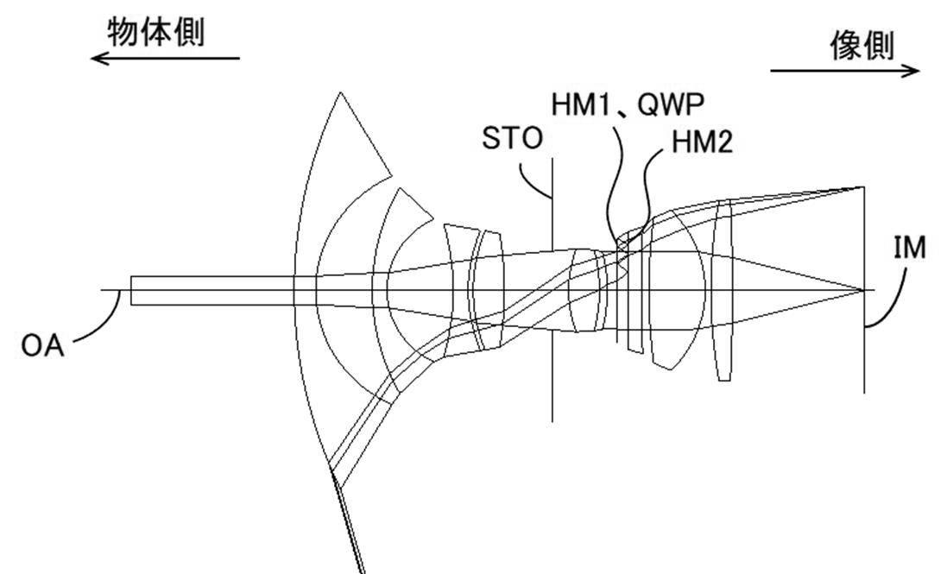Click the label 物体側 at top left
click(156, 32)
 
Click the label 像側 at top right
click(862, 45)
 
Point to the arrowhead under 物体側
click(98, 59)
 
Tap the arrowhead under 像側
click(911, 71)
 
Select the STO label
click(512, 138)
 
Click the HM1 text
click(582, 105)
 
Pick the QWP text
click(671, 105)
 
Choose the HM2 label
click(703, 142)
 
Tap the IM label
click(910, 248)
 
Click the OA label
click(42, 346)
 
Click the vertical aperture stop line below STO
click(552, 290)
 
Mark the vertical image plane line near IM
click(864, 290)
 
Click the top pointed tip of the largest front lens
click(341, 93)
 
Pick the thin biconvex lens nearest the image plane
click(723, 290)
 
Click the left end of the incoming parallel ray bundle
click(131, 290)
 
